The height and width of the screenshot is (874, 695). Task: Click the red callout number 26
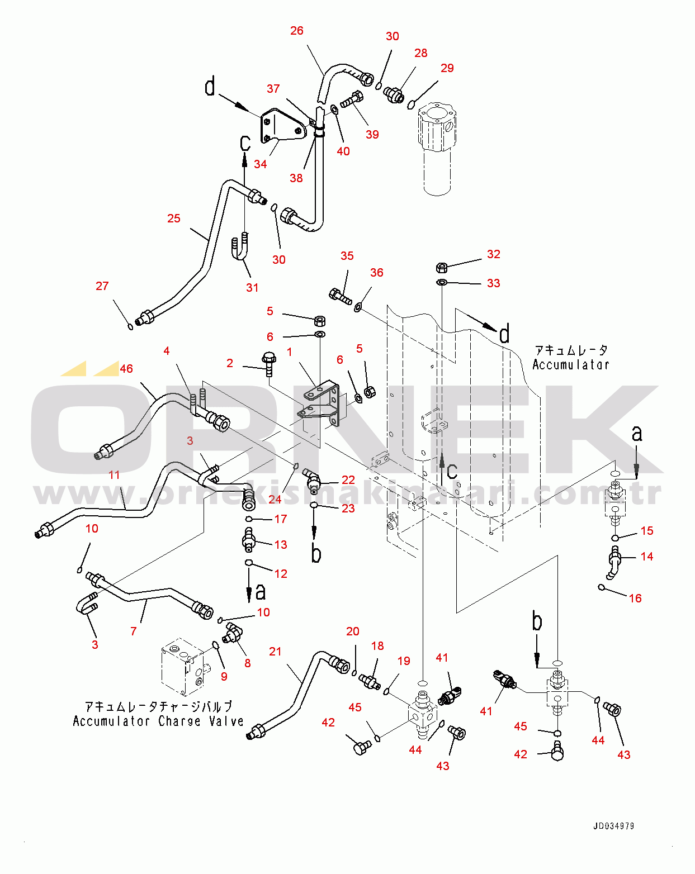[297, 31]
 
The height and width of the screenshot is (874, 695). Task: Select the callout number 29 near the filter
[447, 68]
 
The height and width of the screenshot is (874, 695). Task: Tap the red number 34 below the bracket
[261, 164]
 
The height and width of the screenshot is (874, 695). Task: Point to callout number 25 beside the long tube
[174, 218]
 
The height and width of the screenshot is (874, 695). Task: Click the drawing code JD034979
[613, 826]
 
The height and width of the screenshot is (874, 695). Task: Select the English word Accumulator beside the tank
[570, 365]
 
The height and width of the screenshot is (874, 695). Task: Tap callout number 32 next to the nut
[493, 254]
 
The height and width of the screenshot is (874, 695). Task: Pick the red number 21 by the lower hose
[275, 652]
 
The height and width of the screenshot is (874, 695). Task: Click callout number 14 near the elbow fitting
[647, 557]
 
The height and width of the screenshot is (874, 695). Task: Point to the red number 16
[635, 598]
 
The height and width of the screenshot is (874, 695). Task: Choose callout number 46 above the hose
[126, 369]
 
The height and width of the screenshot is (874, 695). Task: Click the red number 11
[114, 475]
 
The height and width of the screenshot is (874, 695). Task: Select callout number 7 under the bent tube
[133, 631]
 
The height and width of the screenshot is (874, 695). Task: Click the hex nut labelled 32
[441, 267]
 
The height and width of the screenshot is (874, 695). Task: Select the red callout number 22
[348, 480]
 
